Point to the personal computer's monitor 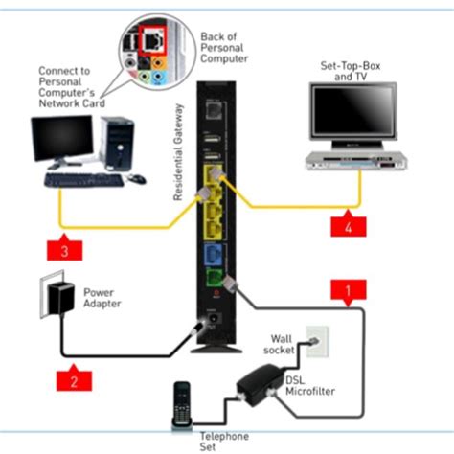[63, 142]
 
